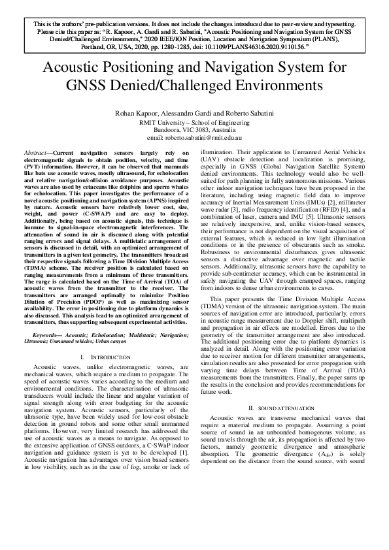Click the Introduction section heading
106,357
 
